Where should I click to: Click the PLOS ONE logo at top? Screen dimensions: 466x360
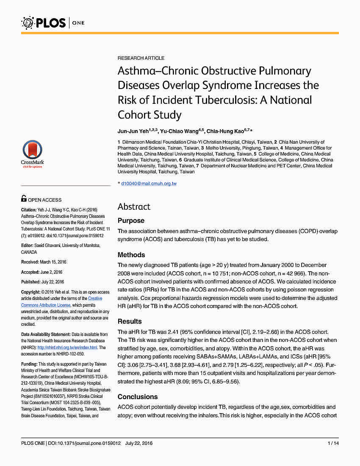53,22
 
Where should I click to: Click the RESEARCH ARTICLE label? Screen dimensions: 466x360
141,58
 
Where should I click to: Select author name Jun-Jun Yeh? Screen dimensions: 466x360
131,131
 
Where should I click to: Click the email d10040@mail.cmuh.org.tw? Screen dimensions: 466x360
149,183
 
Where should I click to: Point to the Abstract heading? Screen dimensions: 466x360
134,207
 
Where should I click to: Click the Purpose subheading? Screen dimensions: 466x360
131,221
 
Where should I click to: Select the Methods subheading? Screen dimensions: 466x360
131,255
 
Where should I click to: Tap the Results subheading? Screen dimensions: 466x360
130,322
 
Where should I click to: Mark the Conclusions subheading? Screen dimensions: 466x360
138,397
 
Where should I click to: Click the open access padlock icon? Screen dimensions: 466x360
24,199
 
